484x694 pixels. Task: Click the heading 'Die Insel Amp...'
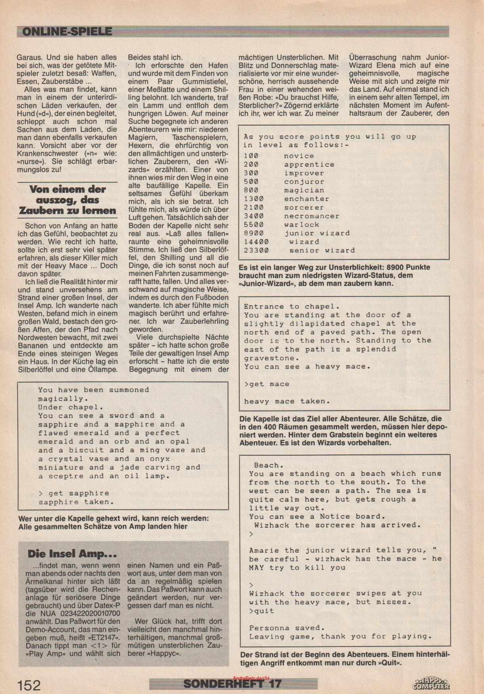[72, 553]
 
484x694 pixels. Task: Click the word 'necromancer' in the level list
[311, 216]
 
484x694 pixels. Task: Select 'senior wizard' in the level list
[322, 250]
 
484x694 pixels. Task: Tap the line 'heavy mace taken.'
[287, 401]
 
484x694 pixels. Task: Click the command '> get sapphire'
[73, 493]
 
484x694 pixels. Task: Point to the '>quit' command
[261, 611]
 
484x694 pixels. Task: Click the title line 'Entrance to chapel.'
[292, 306]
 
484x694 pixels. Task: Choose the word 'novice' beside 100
[299, 156]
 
